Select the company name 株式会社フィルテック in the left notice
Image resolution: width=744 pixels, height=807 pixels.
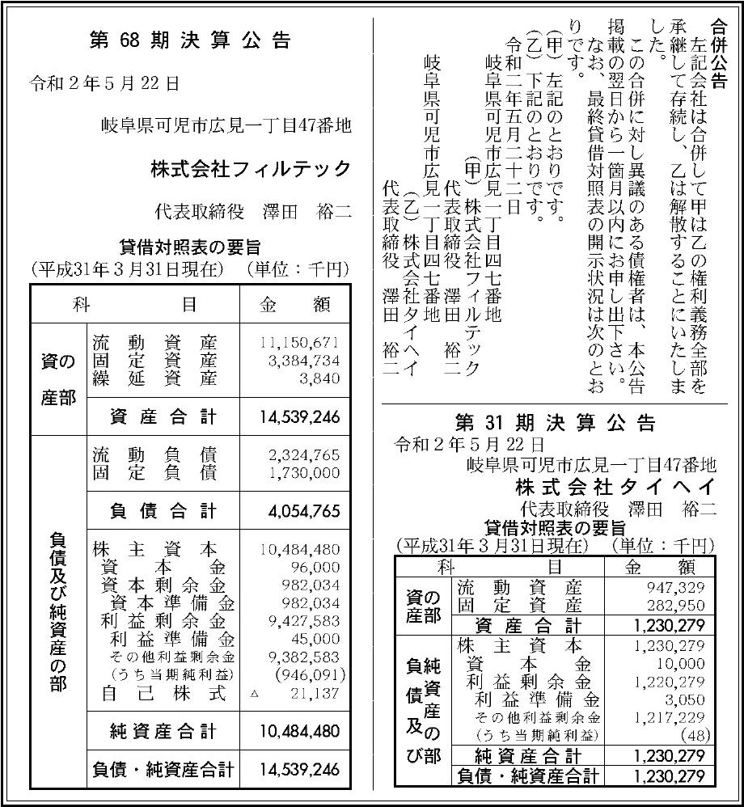pyautogui.click(x=251, y=169)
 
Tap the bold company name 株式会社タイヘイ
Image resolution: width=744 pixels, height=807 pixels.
pyautogui.click(x=615, y=488)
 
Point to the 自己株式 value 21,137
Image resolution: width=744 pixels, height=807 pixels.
pyautogui.click(x=315, y=693)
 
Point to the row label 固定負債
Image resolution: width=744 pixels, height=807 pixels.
pyautogui.click(x=154, y=471)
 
